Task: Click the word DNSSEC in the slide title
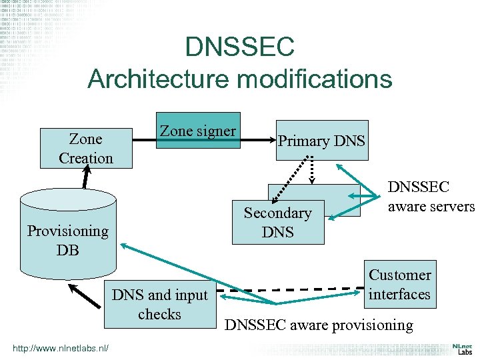coord(239,47)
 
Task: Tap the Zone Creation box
coord(86,149)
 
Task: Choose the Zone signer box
coord(197,131)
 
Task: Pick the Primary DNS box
coord(322,141)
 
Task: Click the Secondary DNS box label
coord(278,223)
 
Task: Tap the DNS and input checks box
coord(159,304)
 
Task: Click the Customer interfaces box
coord(400,284)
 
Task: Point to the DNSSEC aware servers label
coord(430,197)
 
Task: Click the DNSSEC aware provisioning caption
coord(319,325)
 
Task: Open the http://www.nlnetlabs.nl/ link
coord(60,348)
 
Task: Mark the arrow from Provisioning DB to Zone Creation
coord(85,179)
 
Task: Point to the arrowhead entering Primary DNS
coord(272,141)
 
